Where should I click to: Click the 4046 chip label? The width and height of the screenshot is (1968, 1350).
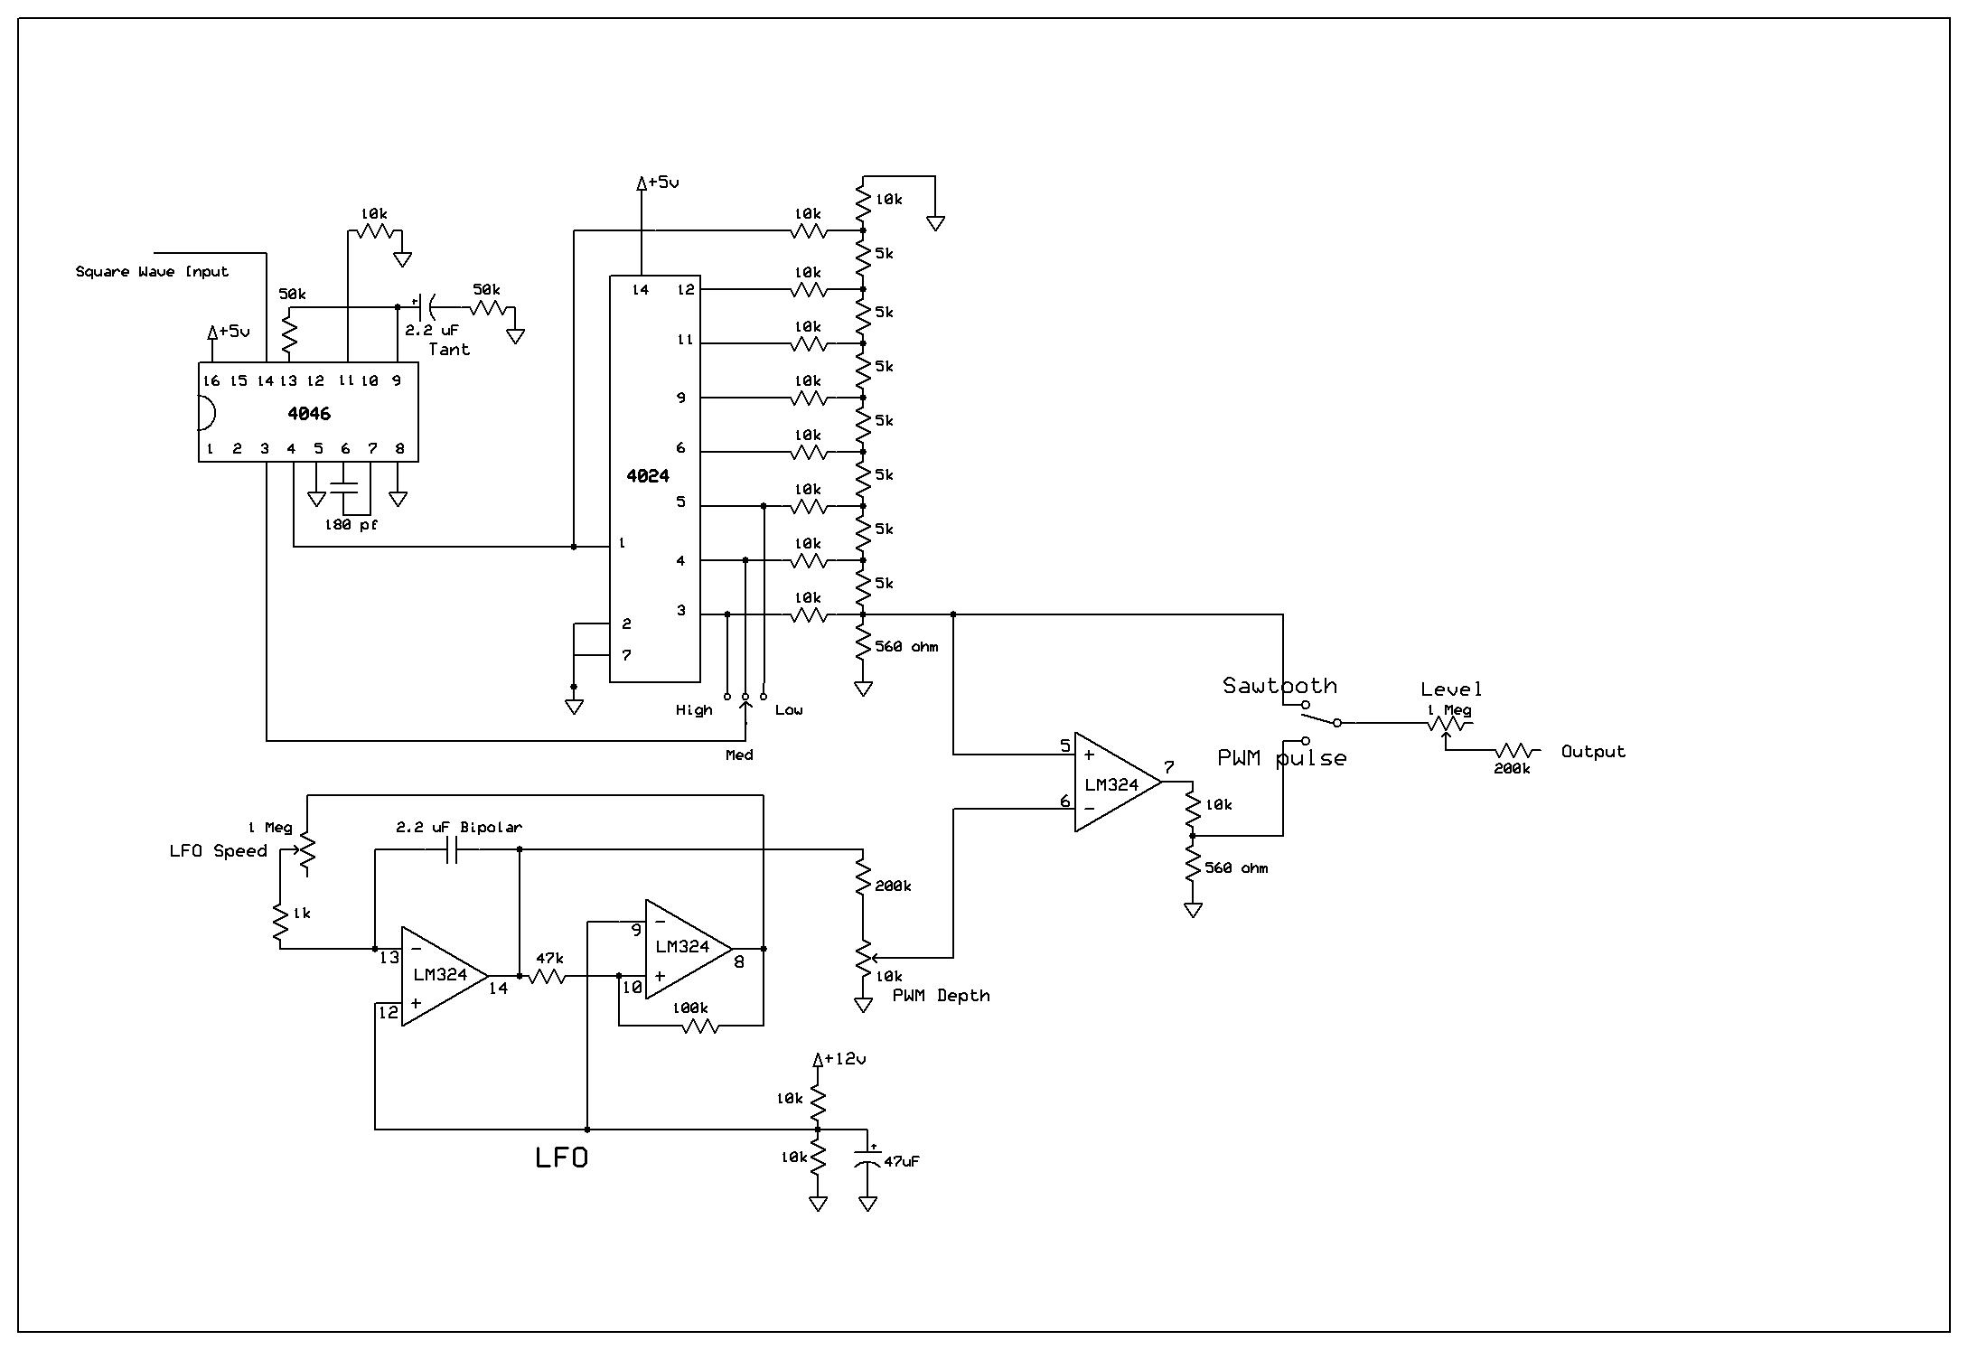pos(309,414)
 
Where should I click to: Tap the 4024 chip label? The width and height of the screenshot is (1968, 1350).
pos(648,475)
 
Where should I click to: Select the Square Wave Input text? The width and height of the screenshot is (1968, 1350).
pos(152,271)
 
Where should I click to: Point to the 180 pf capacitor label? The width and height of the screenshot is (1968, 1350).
pos(351,524)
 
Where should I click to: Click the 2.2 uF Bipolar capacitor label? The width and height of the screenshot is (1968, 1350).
pos(459,827)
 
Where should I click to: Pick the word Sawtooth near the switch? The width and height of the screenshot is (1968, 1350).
pos(1279,685)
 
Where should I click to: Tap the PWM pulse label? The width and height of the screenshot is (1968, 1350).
pos(1281,758)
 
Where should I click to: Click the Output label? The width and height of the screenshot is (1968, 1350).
pos(1593,751)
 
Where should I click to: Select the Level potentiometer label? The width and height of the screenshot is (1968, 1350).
pos(1451,689)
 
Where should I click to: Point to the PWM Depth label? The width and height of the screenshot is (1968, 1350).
pos(941,995)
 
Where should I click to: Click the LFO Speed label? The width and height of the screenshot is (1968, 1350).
pos(218,850)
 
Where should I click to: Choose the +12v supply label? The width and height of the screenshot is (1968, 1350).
pos(845,1058)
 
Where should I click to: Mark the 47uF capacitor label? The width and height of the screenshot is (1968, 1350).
pos(901,1161)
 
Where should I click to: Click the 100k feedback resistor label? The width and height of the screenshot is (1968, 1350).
pos(689,1008)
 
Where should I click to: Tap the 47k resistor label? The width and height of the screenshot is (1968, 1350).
pos(549,958)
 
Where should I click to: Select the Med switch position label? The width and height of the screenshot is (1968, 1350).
pos(739,755)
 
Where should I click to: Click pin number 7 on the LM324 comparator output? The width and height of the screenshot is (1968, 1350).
pos(1169,767)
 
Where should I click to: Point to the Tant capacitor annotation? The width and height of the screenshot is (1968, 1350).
pos(449,349)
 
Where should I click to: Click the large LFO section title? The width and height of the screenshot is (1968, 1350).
pos(561,1158)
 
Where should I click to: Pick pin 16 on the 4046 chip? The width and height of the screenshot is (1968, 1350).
pos(212,380)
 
